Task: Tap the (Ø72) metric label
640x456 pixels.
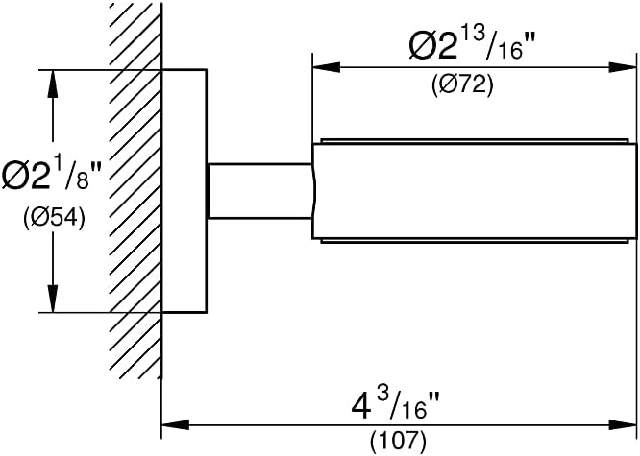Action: point(462,85)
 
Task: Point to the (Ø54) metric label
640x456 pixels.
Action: point(54,218)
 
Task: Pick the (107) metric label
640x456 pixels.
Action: point(398,440)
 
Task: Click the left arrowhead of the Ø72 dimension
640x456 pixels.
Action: point(327,67)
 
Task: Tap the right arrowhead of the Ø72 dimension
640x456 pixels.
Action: point(623,67)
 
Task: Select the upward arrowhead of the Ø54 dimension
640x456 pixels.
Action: point(53,84)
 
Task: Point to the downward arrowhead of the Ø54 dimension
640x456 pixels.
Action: point(53,299)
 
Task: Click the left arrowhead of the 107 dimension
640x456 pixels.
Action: point(176,424)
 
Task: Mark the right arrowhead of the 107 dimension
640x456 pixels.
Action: point(623,424)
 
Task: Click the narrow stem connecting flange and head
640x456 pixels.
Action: point(260,191)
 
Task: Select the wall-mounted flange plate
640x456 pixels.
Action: point(185,191)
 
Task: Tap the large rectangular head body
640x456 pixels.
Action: point(475,191)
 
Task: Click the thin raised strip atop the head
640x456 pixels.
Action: point(475,141)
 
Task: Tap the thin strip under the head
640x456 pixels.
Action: point(475,241)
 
